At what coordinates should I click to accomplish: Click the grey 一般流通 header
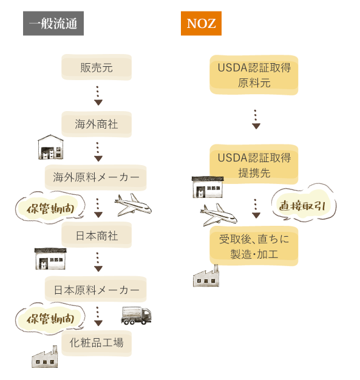53,23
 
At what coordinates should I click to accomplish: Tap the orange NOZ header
201,23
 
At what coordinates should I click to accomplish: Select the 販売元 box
97,67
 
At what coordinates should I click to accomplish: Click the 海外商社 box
97,124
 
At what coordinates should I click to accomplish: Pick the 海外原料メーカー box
96,177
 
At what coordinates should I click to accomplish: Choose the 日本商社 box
97,235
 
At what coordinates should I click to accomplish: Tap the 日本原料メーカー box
96,289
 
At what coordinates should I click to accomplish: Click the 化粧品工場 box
97,343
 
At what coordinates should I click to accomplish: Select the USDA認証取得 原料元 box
254,75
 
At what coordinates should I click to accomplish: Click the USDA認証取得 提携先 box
254,165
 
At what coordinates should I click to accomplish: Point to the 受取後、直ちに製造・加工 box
254,246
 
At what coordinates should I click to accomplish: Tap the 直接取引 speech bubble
304,203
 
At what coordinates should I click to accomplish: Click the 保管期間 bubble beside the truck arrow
50,318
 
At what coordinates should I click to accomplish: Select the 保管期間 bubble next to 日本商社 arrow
50,208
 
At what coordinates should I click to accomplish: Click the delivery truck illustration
136,316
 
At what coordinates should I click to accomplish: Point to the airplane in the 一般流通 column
133,205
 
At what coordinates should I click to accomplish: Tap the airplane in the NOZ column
219,215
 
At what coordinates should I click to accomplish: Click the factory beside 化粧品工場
45,357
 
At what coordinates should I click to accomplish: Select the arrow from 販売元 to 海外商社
98,96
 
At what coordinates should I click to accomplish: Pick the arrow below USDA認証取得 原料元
256,119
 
